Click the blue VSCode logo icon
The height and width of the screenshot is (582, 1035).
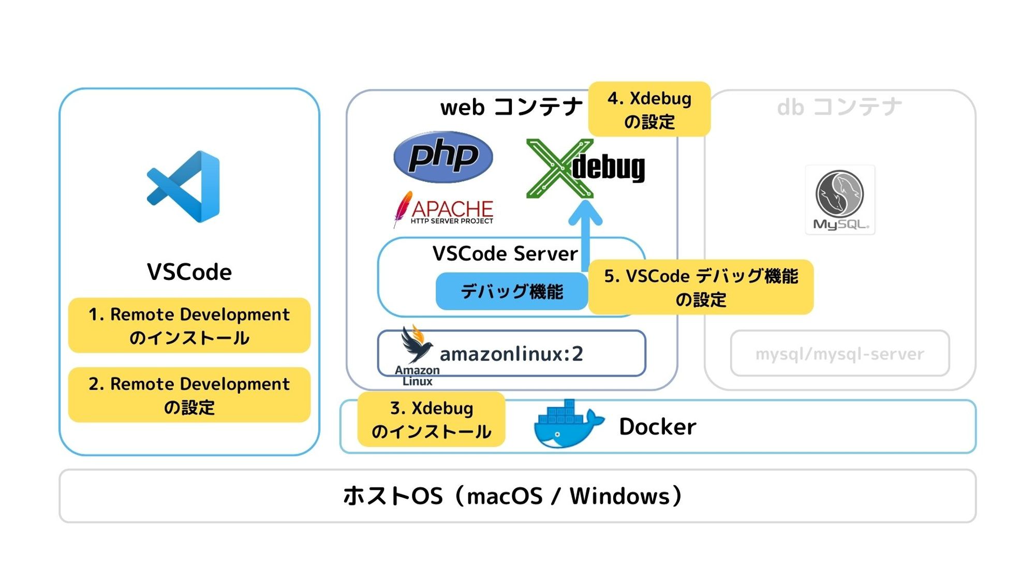click(x=184, y=186)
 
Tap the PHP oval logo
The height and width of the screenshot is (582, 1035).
click(x=443, y=157)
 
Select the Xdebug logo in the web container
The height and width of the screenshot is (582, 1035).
click(x=585, y=168)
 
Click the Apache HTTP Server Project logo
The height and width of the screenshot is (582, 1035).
click(x=444, y=210)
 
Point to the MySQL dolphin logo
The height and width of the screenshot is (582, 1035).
click(x=839, y=200)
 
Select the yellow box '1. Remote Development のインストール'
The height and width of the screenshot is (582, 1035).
click(x=189, y=325)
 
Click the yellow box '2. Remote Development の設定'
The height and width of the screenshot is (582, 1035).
click(x=189, y=395)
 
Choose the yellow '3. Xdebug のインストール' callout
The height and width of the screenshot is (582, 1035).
click(x=431, y=419)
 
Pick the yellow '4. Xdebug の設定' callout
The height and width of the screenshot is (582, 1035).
click(x=649, y=109)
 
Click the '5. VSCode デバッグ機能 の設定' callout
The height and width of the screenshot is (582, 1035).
click(x=701, y=287)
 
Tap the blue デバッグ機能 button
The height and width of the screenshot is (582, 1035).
click(x=511, y=292)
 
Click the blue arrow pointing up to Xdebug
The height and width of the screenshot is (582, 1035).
click(x=585, y=233)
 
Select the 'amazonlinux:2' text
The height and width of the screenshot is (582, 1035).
click(x=511, y=354)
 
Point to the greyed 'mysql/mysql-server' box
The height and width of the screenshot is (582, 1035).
click(x=839, y=354)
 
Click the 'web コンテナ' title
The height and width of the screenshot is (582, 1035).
click(x=511, y=107)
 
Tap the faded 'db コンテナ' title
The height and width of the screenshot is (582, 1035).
click(x=839, y=107)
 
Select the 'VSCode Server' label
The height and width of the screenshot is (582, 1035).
click(x=505, y=253)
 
